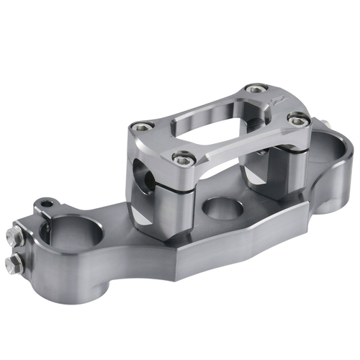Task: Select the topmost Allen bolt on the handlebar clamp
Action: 253,89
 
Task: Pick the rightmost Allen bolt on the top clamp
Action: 294,119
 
